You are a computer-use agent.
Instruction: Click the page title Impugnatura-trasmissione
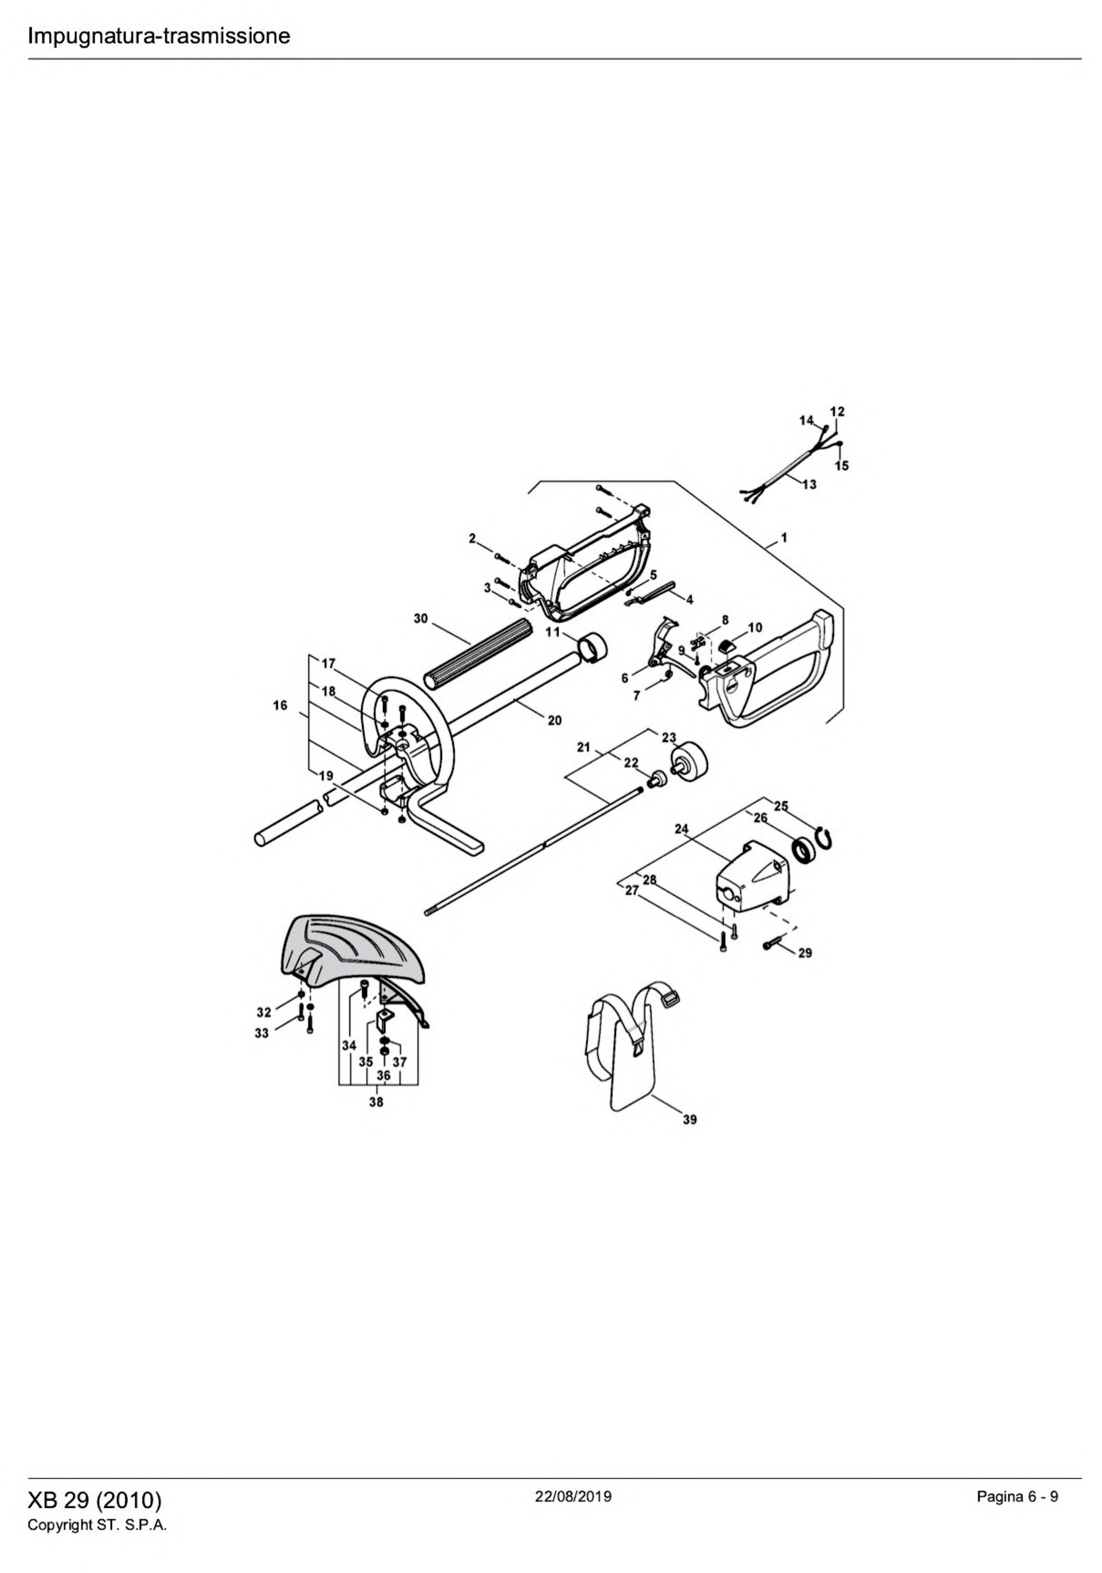[x=158, y=35]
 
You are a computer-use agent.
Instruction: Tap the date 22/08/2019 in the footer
[x=573, y=1496]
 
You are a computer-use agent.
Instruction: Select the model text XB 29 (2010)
[x=95, y=1500]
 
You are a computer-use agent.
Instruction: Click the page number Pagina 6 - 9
[x=1017, y=1496]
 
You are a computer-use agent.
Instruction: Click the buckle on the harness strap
[x=669, y=1002]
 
